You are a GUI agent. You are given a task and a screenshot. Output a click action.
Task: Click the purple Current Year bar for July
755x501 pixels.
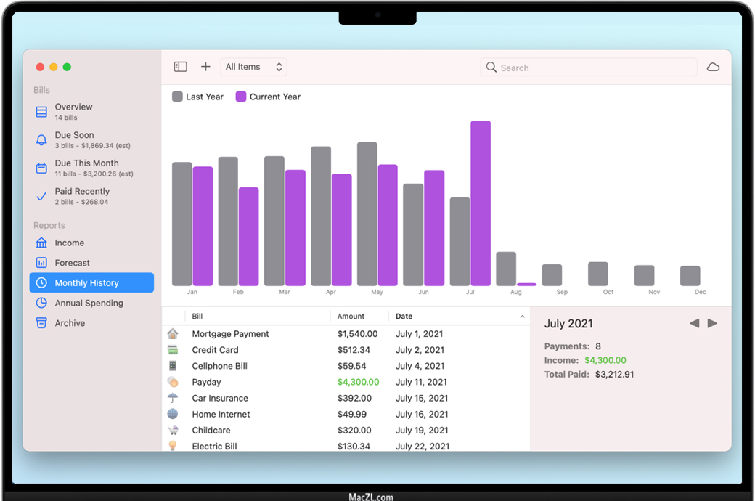click(x=481, y=203)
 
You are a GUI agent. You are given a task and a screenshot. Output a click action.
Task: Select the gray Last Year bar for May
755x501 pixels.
click(x=367, y=213)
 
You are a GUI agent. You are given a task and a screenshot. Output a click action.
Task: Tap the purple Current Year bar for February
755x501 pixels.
click(x=249, y=236)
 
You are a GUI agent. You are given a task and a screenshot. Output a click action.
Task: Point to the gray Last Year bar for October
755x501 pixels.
click(x=598, y=274)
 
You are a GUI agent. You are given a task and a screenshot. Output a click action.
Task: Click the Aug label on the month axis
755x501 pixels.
click(x=516, y=292)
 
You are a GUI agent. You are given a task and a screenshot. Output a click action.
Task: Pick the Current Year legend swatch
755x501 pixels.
click(x=241, y=97)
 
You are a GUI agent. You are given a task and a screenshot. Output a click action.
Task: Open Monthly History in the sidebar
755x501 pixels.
click(x=86, y=283)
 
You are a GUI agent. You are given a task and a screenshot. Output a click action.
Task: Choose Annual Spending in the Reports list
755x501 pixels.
click(x=89, y=304)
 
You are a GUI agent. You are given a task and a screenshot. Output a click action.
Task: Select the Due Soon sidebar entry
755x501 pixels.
click(x=74, y=135)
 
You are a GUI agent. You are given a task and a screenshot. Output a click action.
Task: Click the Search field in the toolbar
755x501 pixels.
click(x=588, y=68)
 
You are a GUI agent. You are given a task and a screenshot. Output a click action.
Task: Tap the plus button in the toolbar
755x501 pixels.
click(x=205, y=67)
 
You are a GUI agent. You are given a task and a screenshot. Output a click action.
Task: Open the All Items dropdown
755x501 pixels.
click(x=253, y=67)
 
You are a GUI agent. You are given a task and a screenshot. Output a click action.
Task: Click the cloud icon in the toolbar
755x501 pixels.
click(x=714, y=67)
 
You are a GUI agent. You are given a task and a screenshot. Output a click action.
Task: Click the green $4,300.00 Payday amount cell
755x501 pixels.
click(x=358, y=382)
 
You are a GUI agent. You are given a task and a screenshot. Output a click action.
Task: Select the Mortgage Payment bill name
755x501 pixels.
click(x=230, y=334)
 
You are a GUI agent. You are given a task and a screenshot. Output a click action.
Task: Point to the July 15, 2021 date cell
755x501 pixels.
click(x=422, y=398)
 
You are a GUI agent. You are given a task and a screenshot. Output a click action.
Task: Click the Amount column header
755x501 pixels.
click(x=351, y=317)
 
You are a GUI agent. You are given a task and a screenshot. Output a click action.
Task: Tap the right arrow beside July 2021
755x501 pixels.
click(x=713, y=323)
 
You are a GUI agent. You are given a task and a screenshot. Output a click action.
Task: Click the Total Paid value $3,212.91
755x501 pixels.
click(x=614, y=375)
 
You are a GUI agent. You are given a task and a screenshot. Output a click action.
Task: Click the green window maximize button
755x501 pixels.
click(x=67, y=67)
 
